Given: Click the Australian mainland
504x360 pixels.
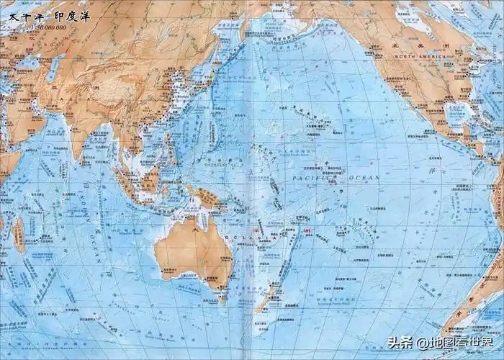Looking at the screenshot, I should (x=191, y=245).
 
